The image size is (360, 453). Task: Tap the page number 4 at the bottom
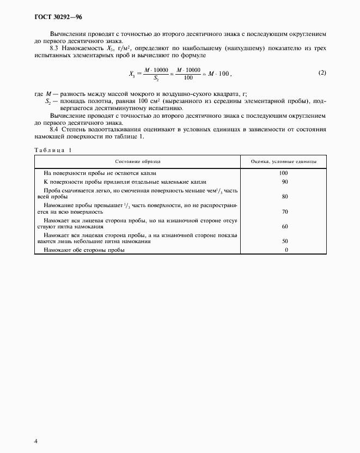[x=35, y=440]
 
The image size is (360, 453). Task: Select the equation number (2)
[x=322, y=73]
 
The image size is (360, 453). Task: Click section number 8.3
[x=54, y=48]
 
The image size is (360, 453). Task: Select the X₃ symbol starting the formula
[x=132, y=74]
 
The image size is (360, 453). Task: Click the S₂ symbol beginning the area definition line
[x=48, y=101]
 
